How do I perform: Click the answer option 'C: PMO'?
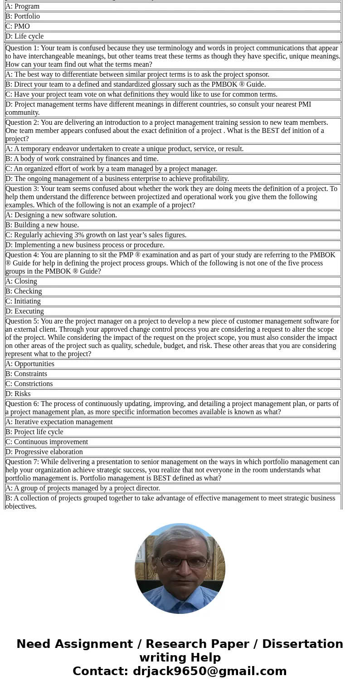pyautogui.click(x=18, y=26)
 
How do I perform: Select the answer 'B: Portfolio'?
pyautogui.click(x=23, y=16)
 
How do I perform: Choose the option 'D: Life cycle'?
pyautogui.click(x=24, y=36)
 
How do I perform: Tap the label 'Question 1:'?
pyautogui.click(x=22, y=48)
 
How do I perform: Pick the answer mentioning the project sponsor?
pyautogui.click(x=137, y=74)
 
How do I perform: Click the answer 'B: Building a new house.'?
pyautogui.click(x=42, y=225)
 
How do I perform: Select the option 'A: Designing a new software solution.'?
pyautogui.click(x=61, y=215)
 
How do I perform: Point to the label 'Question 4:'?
pyautogui.click(x=22, y=255)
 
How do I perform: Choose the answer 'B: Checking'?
pyautogui.click(x=24, y=291)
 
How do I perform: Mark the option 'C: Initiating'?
pyautogui.click(x=23, y=301)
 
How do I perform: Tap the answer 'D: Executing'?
pyautogui.click(x=24, y=311)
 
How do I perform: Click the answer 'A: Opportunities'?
pyautogui.click(x=30, y=364)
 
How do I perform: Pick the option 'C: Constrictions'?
pyautogui.click(x=29, y=384)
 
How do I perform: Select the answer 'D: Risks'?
pyautogui.click(x=18, y=394)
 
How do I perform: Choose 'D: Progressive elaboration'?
pyautogui.click(x=44, y=452)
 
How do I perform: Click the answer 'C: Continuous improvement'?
pyautogui.click(x=47, y=442)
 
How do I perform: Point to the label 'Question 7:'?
pyautogui.click(x=22, y=462)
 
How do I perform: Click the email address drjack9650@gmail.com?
pyautogui.click(x=209, y=671)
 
